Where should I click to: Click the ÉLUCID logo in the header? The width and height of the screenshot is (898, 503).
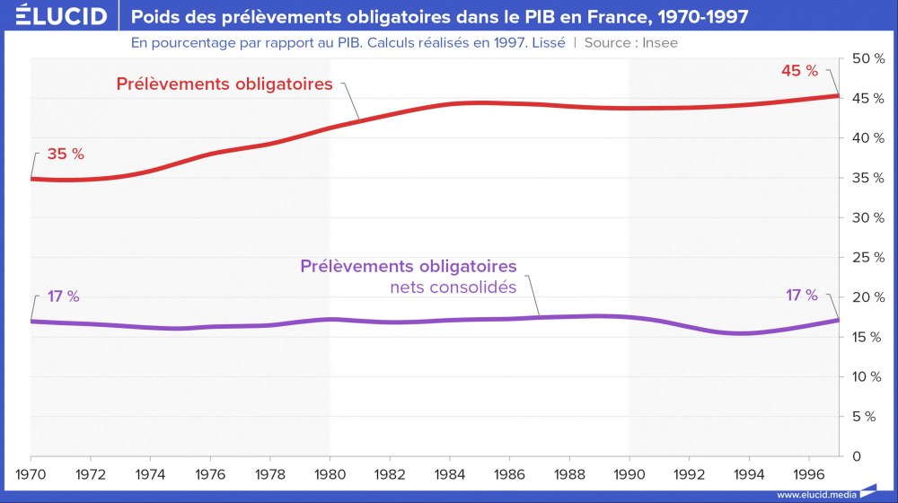tap(56, 17)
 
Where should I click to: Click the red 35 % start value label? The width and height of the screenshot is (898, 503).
tap(65, 154)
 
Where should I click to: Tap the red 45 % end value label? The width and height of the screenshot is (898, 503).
tap(799, 71)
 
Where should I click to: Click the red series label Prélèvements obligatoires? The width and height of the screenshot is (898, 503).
tap(224, 84)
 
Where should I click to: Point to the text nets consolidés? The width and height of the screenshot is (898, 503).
tap(453, 288)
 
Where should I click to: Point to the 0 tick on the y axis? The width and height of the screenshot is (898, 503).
tap(857, 456)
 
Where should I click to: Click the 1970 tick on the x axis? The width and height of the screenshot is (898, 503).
tap(31, 472)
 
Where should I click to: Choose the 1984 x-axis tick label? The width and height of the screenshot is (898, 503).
tap(449, 472)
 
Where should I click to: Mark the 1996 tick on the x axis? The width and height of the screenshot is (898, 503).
tap(807, 472)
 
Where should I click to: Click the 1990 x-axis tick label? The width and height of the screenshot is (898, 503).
tap(629, 472)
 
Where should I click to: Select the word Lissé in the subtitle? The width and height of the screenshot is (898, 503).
tap(546, 42)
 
